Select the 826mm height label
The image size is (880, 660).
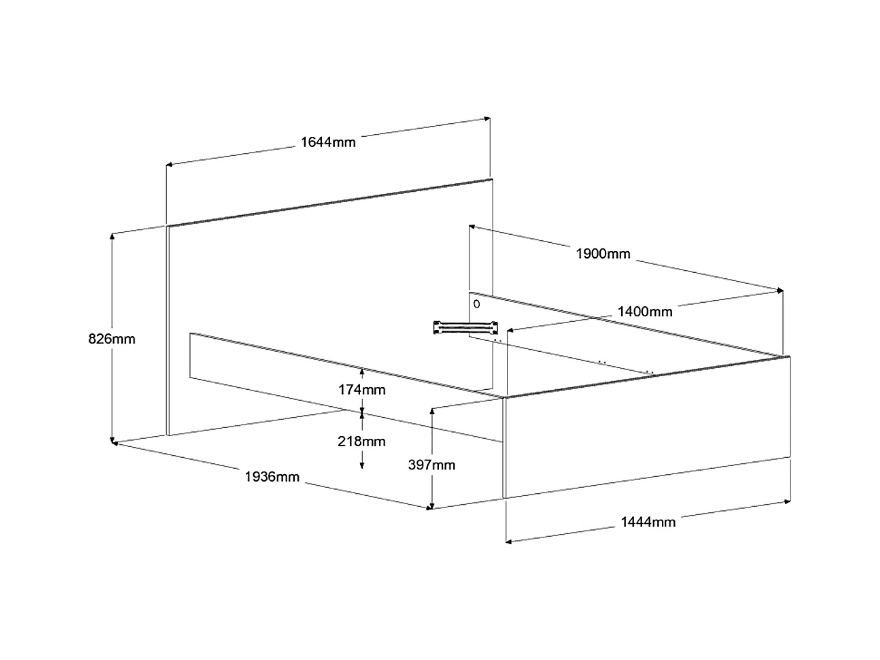click(112, 339)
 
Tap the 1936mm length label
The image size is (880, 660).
click(272, 477)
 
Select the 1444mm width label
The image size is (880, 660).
click(648, 522)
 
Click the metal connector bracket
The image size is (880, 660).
click(466, 327)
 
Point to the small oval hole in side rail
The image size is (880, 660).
click(477, 304)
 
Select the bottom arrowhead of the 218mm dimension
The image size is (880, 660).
click(362, 466)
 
